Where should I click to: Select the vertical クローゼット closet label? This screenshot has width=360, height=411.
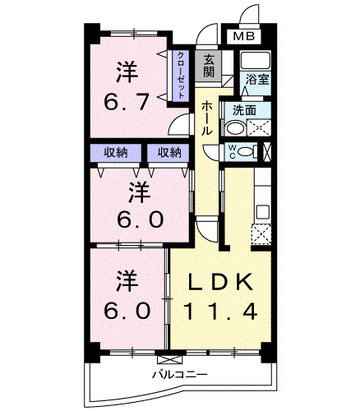point(181,76)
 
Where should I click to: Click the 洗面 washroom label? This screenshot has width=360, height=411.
point(243,109)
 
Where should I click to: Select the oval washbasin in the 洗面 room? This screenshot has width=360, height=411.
point(235,128)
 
